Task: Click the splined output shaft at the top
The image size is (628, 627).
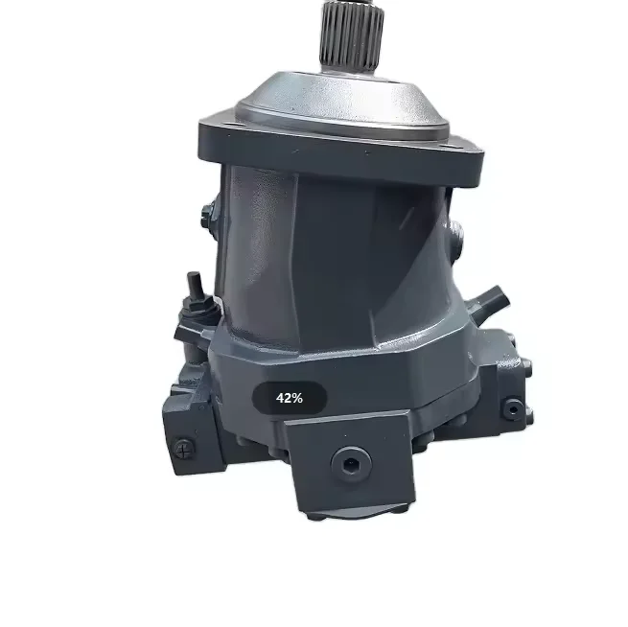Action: click(x=351, y=38)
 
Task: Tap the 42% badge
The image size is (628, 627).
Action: click(x=290, y=398)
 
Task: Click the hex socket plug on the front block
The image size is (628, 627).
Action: click(x=351, y=464)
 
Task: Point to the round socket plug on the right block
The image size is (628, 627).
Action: click(x=513, y=408)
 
